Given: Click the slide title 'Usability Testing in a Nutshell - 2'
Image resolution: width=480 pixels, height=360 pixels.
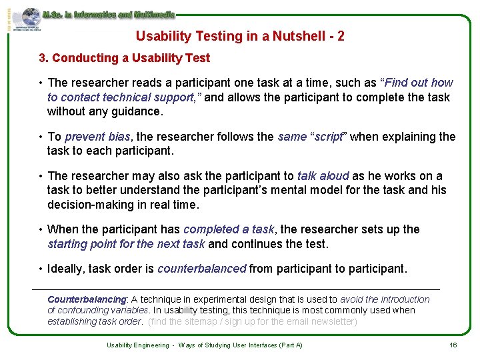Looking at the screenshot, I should [240, 36].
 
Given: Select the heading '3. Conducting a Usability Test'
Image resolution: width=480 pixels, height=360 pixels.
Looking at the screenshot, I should [124, 58].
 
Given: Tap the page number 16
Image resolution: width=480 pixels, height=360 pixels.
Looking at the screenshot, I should [453, 345].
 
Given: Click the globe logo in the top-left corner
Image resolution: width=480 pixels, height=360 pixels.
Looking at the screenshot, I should [30, 18].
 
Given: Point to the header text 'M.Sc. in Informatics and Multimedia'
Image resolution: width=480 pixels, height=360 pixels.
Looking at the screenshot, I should [109, 14].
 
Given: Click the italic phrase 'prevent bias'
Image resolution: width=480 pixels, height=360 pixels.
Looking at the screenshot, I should [97, 137].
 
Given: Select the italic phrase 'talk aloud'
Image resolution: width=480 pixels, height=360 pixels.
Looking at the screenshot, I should [323, 176].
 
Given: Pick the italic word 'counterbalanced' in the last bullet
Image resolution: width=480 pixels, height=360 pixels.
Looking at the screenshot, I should [202, 269].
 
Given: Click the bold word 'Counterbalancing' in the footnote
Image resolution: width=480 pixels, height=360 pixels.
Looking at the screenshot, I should [87, 300].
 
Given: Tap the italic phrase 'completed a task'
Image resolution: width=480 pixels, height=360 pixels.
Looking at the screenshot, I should [229, 229].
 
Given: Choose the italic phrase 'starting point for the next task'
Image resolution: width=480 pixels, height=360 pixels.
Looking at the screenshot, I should [126, 244].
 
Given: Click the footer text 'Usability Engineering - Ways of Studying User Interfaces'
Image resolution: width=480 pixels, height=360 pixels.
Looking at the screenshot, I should [205, 345].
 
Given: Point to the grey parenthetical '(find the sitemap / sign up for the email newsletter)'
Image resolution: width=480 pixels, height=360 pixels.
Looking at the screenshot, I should [253, 321].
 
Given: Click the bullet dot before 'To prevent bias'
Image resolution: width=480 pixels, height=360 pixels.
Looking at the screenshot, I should [41, 137].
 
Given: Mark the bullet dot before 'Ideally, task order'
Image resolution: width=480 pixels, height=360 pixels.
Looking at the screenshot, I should [41, 269].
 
